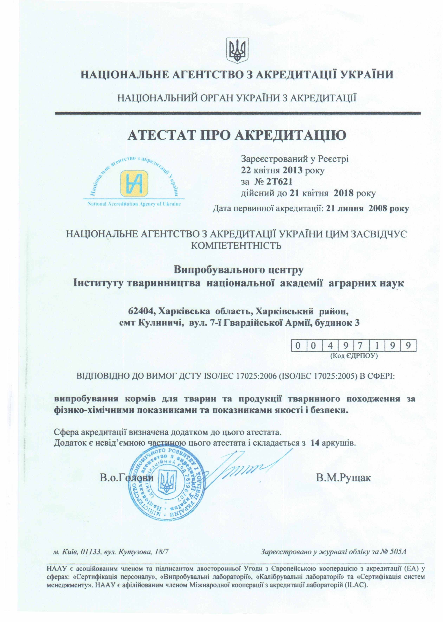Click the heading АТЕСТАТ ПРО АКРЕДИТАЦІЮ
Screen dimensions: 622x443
(x=237, y=136)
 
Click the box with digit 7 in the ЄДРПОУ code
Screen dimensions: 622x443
(x=363, y=346)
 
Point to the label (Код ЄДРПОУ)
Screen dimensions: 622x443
(x=354, y=356)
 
